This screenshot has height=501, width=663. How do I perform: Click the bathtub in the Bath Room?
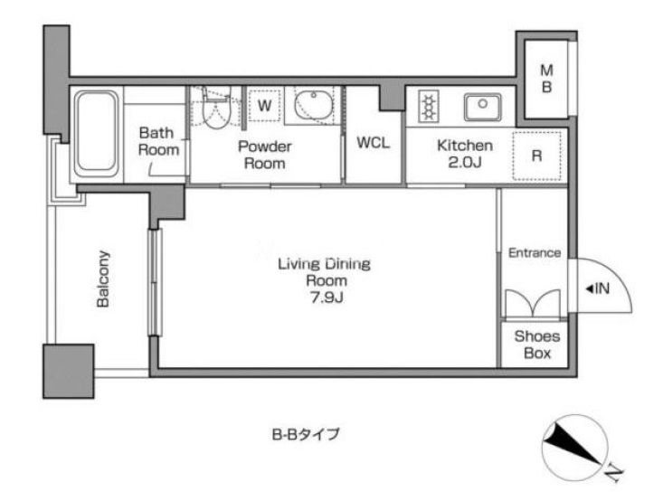97,134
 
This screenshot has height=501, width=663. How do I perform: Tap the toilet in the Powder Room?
216,109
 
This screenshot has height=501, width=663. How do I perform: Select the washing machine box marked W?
264,105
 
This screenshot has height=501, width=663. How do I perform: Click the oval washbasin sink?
312,105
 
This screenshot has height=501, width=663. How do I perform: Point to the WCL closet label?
373,143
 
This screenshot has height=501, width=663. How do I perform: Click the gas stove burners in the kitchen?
429,106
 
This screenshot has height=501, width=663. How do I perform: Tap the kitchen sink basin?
482,106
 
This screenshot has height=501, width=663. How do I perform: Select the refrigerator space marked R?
536,156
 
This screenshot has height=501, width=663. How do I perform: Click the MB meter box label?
546,78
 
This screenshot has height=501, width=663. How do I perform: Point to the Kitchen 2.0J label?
465,154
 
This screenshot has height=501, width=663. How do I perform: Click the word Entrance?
535,253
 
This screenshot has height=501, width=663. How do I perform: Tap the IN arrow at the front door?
598,289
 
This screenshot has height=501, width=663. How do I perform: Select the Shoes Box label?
537,345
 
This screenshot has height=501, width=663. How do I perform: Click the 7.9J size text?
327,298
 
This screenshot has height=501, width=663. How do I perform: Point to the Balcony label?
103,279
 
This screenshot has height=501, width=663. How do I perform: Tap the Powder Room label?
265,155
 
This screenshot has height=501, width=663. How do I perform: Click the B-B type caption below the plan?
306,434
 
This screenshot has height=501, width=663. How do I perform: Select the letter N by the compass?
612,473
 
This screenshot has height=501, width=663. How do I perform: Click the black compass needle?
572,449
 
